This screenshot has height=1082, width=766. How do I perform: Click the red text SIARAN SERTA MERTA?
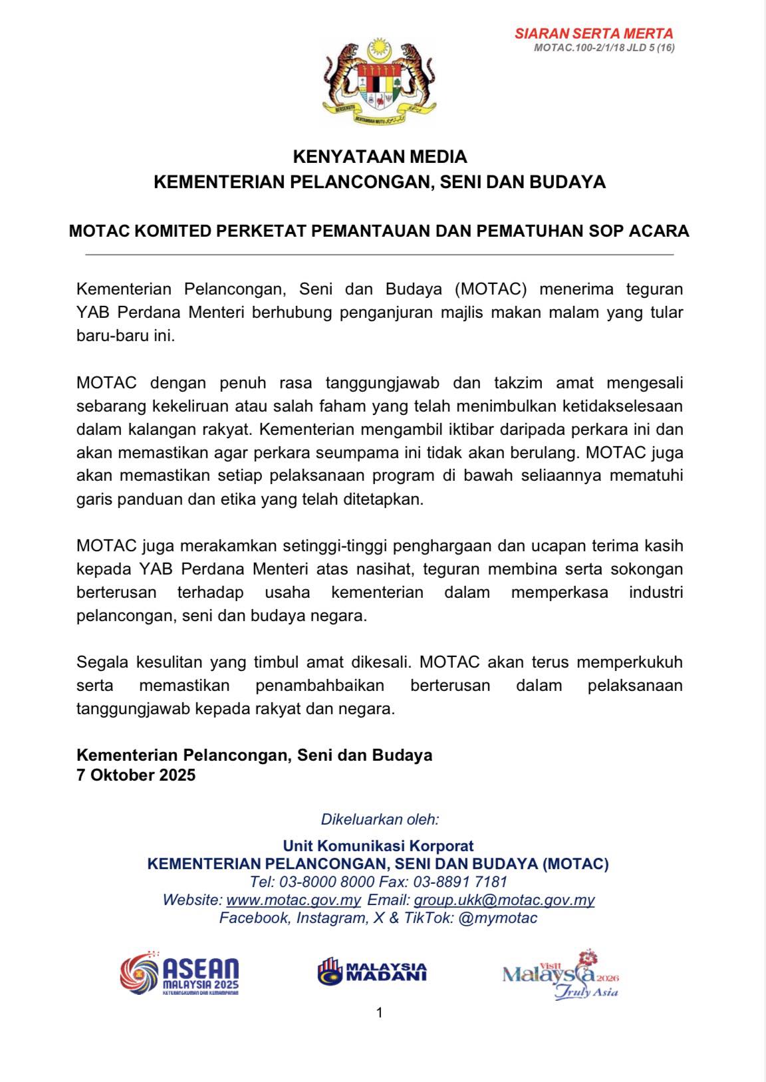(x=594, y=33)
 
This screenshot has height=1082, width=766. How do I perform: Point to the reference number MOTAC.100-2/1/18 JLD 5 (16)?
(x=604, y=48)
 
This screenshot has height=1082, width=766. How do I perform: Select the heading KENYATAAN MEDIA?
(x=380, y=157)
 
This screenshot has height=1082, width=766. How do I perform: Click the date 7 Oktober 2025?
(x=136, y=775)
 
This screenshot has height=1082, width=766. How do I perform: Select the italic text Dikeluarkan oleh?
(x=380, y=819)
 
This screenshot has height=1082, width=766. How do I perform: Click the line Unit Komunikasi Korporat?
(x=378, y=846)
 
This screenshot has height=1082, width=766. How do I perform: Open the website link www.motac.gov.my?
(x=294, y=900)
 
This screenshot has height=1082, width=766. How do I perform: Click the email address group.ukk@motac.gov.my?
(x=504, y=900)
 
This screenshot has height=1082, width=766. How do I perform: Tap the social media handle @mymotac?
(x=498, y=918)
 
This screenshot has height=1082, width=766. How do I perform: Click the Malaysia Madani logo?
(x=372, y=971)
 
